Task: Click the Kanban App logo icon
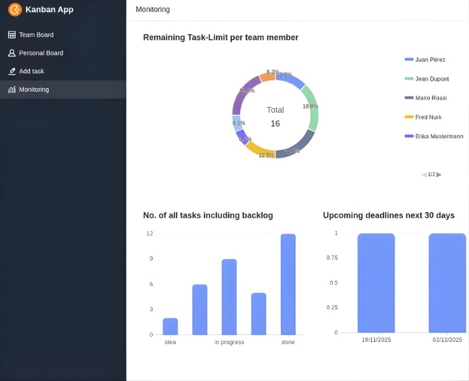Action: point(15,10)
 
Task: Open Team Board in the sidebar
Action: point(36,35)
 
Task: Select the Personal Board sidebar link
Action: point(41,53)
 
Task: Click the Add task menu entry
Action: point(31,72)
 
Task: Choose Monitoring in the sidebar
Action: point(34,90)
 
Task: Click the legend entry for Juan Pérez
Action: point(430,60)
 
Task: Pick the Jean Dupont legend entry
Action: point(432,79)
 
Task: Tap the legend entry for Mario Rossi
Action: point(431,98)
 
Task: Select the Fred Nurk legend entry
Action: point(428,117)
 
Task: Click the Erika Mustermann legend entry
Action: point(438,136)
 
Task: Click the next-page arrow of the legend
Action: point(439,175)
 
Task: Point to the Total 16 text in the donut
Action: point(275,117)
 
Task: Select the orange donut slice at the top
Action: point(267,76)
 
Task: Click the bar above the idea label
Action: point(170,327)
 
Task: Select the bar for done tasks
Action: point(288,284)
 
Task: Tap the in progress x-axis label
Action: point(229,342)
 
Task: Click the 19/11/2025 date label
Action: point(376,340)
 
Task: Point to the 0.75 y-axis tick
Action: point(332,257)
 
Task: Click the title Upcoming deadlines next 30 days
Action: point(388,215)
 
